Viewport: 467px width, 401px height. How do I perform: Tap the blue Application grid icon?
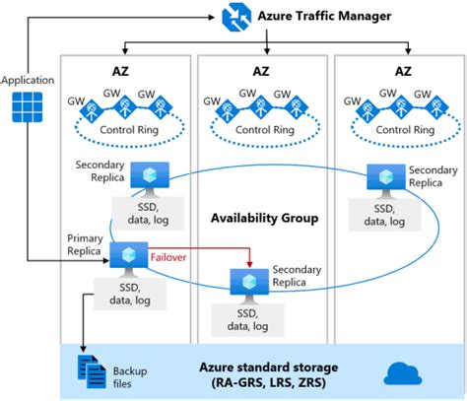[28, 107]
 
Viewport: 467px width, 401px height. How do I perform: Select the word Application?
[30, 78]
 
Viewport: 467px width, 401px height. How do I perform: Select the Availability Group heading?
[263, 218]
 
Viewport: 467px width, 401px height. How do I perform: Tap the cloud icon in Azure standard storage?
[403, 373]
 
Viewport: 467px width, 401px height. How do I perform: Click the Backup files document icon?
[91, 371]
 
